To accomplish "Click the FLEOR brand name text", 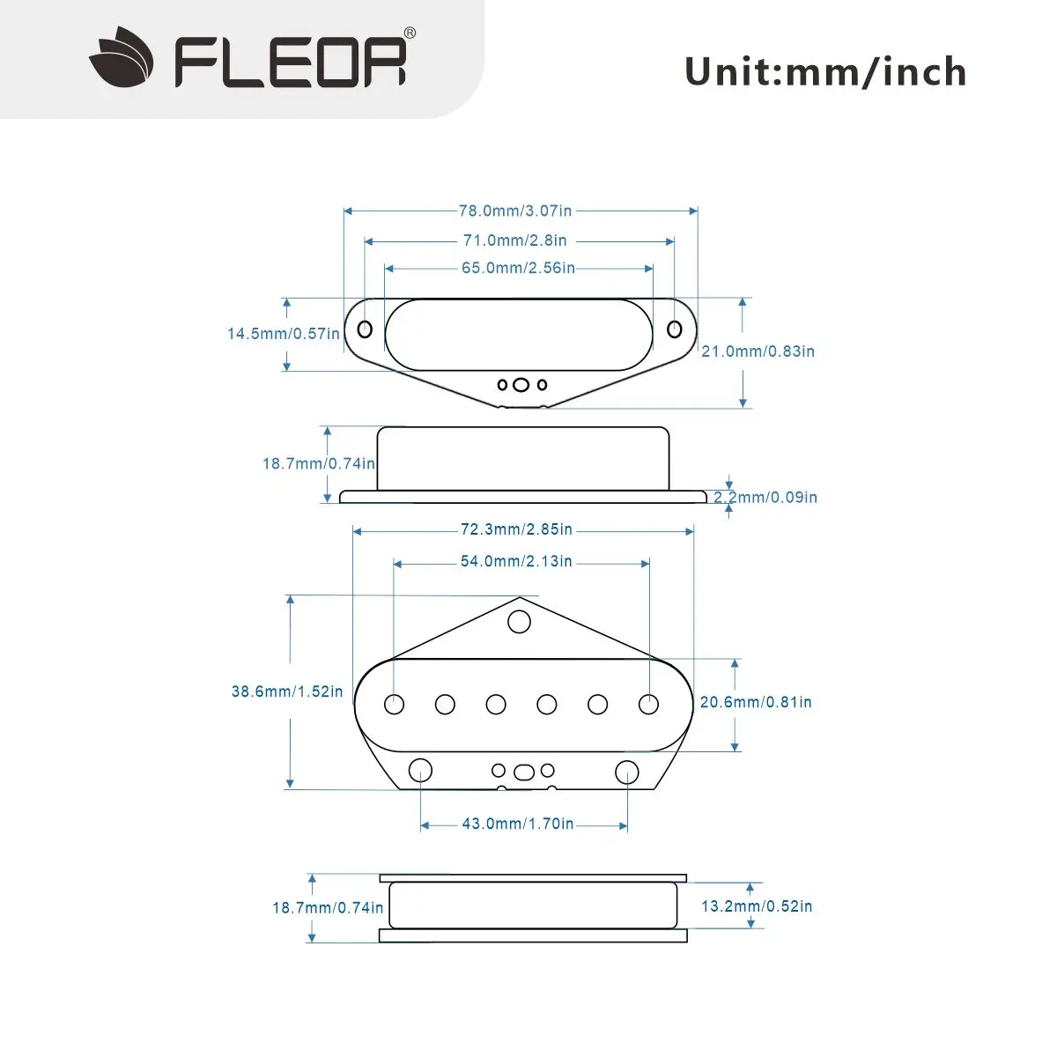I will tap(291, 61).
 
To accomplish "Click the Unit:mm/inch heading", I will tap(825, 71).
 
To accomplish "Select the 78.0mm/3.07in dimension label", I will tap(515, 211).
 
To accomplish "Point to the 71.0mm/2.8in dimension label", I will tap(515, 240).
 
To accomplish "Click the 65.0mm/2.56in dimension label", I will tap(518, 268).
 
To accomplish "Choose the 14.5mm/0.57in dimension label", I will tap(283, 334).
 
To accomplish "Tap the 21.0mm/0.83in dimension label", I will tap(758, 351).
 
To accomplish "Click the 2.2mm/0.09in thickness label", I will tap(765, 498).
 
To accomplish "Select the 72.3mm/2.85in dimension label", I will tap(516, 530).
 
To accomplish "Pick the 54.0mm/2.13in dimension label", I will tap(516, 562).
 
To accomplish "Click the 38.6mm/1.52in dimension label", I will tap(287, 692).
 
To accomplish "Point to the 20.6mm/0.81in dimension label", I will tap(756, 703).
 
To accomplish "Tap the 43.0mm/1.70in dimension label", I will tap(518, 824).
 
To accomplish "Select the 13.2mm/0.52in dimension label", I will tap(757, 906).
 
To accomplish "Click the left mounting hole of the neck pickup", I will tap(365, 329).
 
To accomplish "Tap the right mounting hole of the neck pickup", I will tap(675, 329).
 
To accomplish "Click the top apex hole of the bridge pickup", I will tap(520, 622).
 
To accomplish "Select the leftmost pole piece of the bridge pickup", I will tap(395, 704).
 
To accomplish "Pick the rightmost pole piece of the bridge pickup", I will tap(649, 704).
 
